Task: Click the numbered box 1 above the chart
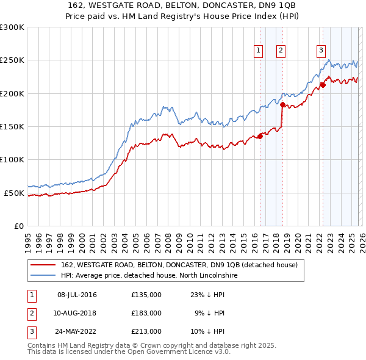pyautogui.click(x=258, y=51)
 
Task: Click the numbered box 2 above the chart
pyautogui.click(x=281, y=51)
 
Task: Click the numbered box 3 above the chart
pyautogui.click(x=321, y=51)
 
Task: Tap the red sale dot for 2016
pyautogui.click(x=260, y=136)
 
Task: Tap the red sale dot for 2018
pyautogui.click(x=282, y=104)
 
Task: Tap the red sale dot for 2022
pyautogui.click(x=323, y=85)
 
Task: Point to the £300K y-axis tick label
pyautogui.click(x=12, y=27)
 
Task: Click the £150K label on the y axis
pyautogui.click(x=12, y=126)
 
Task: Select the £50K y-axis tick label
pyautogui.click(x=14, y=193)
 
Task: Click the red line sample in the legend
pyautogui.click(x=43, y=265)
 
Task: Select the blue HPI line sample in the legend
pyautogui.click(x=43, y=276)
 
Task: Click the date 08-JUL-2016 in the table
pyautogui.click(x=77, y=295)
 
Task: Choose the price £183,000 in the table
pyautogui.click(x=146, y=313)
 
